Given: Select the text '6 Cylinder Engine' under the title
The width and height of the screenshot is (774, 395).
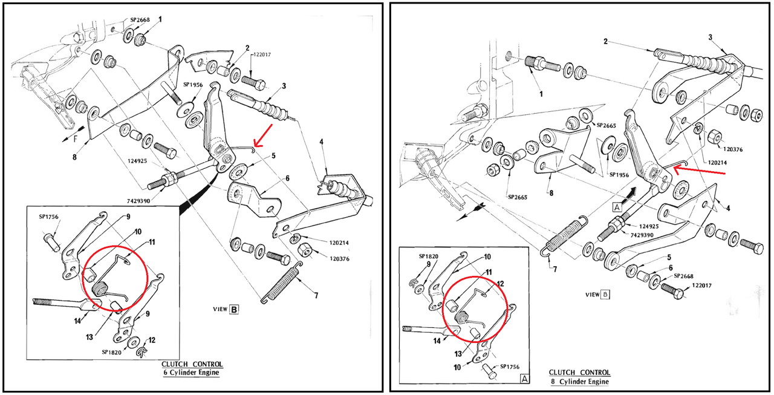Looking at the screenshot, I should click(191, 373).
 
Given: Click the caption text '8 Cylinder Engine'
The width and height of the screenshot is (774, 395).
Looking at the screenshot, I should click(579, 381).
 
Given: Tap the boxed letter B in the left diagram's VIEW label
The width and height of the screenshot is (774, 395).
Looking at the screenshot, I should click(234, 309).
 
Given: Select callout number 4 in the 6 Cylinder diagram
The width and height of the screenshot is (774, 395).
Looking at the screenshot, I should click(322, 142).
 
